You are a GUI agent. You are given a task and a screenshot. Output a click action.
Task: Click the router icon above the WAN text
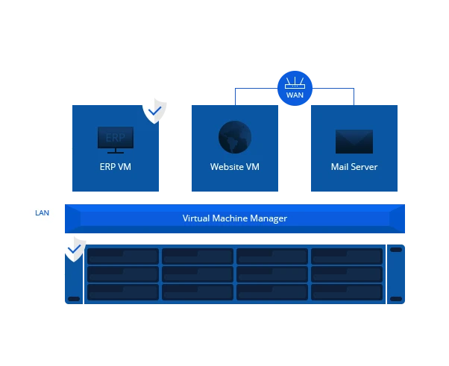coord(295,83)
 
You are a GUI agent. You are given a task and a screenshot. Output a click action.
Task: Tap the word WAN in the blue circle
coord(295,95)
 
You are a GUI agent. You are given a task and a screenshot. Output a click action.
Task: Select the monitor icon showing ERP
coord(116,139)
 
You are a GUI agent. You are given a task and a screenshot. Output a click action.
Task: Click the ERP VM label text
coord(116,167)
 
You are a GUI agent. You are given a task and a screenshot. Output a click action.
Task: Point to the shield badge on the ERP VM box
coord(154,110)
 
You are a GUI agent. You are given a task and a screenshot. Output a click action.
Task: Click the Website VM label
coord(235,167)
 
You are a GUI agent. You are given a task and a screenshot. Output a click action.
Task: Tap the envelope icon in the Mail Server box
coord(354,140)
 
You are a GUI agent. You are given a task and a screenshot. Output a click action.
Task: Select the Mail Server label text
coord(354,167)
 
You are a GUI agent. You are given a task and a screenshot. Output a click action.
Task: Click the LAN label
coord(43,212)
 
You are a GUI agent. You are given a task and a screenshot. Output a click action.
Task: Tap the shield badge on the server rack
coord(74,248)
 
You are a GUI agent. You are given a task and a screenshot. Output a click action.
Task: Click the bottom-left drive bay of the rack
coord(123,291)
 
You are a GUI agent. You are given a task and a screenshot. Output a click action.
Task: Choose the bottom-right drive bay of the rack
coord(346,291)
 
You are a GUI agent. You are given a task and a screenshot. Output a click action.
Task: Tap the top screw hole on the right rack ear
coord(395,250)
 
